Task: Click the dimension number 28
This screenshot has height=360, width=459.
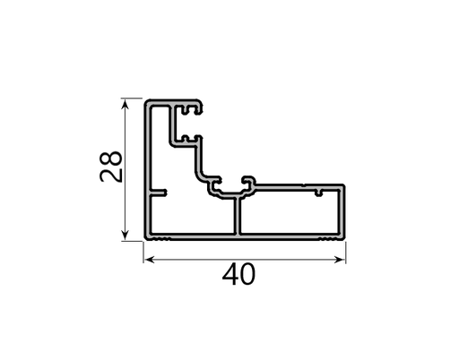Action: point(111,167)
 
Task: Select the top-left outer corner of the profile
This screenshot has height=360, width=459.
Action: point(146,100)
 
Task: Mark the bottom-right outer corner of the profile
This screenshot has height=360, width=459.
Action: point(345,240)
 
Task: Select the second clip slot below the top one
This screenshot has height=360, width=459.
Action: point(186,140)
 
